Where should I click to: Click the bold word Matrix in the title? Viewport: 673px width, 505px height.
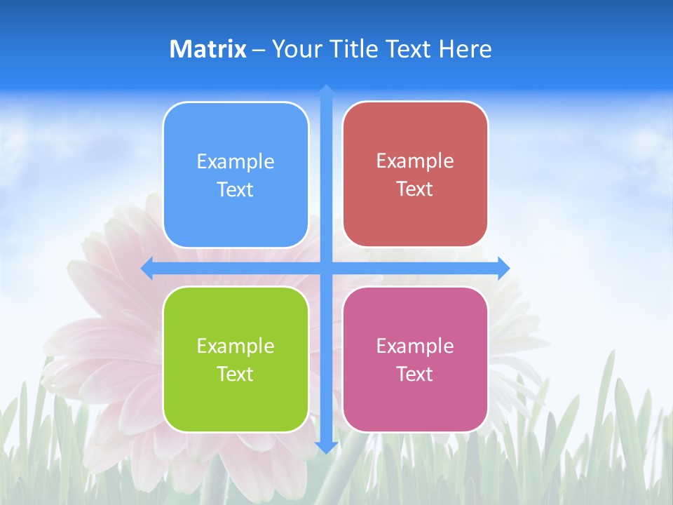(208, 49)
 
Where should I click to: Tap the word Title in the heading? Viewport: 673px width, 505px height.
(354, 49)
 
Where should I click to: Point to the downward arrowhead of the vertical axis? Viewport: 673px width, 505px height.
(326, 447)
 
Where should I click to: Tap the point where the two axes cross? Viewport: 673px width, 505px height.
(326, 268)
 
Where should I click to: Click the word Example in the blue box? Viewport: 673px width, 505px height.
(236, 162)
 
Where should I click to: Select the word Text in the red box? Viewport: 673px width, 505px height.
(415, 189)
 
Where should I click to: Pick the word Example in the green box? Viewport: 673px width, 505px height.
(236, 346)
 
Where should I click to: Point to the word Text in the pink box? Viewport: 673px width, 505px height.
(415, 375)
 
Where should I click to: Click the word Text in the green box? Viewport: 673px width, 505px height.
(236, 375)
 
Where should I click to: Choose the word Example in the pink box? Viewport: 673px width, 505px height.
(415, 346)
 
